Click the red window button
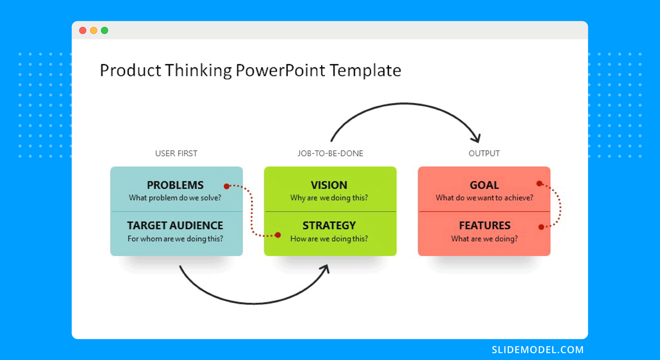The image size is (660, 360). click(83, 31)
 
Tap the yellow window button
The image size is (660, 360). click(94, 31)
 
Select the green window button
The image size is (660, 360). click(105, 31)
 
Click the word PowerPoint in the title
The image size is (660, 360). click(280, 70)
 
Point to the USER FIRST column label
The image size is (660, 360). click(176, 153)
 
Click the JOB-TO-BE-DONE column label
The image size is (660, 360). click(330, 153)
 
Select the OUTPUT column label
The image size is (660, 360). click(484, 153)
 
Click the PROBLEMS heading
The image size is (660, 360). click(175, 185)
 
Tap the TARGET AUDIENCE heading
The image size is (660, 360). click(175, 226)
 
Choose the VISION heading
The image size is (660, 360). click(329, 185)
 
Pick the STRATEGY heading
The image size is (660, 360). click(329, 226)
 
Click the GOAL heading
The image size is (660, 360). click(484, 185)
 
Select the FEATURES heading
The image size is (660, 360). click(485, 226)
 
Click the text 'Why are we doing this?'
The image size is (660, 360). click(329, 198)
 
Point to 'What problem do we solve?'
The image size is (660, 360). click(175, 198)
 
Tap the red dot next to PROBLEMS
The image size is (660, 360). click(226, 186)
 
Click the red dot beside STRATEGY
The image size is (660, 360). click(278, 235)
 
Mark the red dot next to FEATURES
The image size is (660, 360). click(541, 227)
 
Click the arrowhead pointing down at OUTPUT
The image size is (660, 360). click(477, 139)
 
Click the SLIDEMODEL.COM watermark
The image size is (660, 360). click(538, 350)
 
